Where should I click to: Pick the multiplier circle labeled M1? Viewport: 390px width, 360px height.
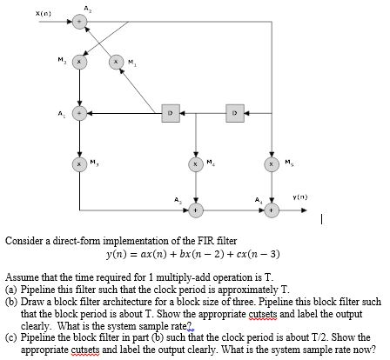click(x=118, y=63)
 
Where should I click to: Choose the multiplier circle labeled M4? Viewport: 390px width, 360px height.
click(x=198, y=163)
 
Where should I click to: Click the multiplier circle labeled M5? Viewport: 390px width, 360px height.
click(x=273, y=163)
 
